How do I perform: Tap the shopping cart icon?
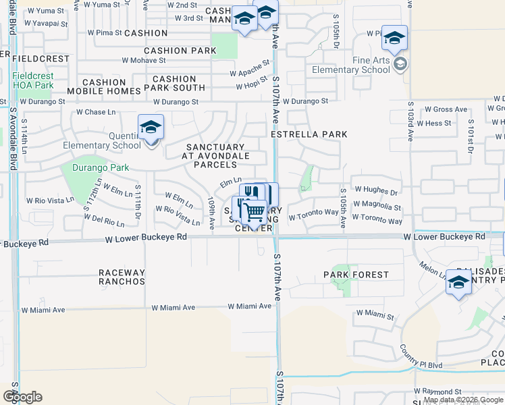click(254, 212)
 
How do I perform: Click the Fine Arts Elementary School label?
click(371, 64)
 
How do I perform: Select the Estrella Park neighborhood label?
click(309, 134)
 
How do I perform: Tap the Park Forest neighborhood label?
click(356, 275)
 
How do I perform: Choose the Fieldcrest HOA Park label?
click(32, 81)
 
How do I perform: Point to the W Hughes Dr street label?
click(376, 191)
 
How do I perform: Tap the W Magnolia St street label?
click(377, 207)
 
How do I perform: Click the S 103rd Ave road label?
click(410, 122)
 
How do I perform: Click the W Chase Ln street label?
click(96, 112)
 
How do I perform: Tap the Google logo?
click(22, 397)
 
